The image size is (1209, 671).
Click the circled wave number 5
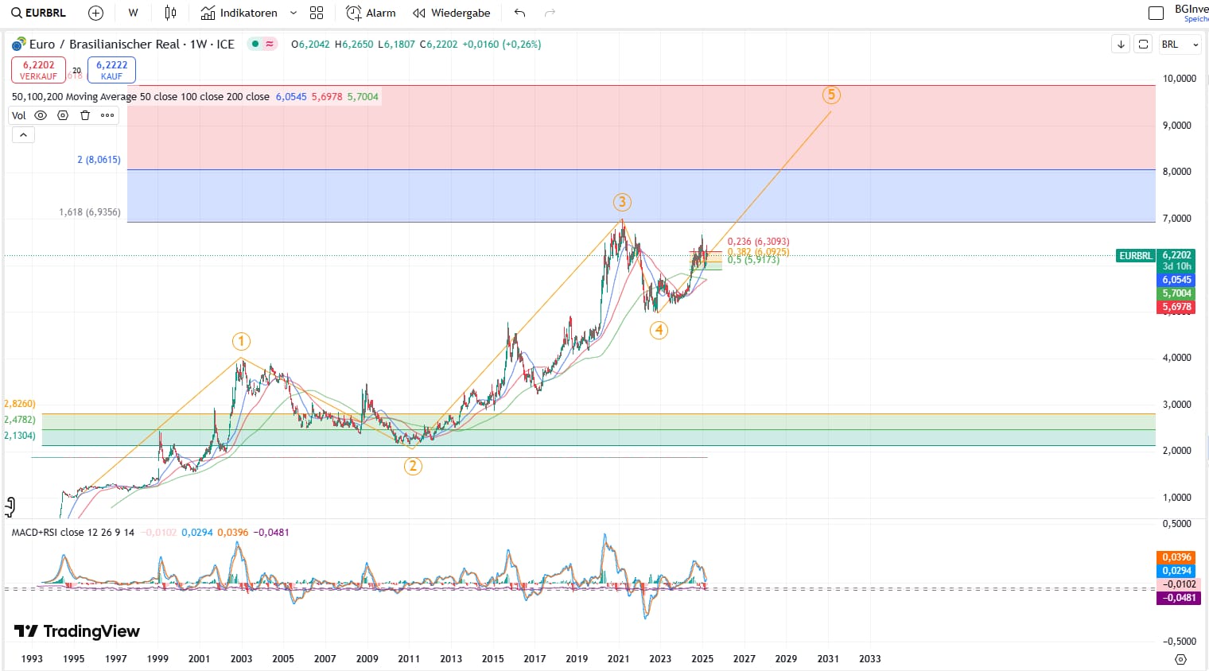[831, 95]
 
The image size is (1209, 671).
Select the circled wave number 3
[622, 202]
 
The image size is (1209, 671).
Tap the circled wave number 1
[241, 342]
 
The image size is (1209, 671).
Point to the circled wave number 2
[412, 466]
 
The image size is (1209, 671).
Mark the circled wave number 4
[659, 330]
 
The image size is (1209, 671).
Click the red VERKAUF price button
[38, 70]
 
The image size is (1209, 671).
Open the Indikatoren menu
[247, 13]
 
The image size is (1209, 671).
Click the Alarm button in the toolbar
[371, 13]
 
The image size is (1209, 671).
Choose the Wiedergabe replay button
[451, 13]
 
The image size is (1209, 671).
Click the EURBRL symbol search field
[40, 13]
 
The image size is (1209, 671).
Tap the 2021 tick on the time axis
[618, 658]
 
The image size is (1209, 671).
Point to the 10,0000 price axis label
[1179, 79]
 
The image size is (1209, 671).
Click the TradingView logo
[77, 631]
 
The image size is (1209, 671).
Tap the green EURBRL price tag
[1135, 256]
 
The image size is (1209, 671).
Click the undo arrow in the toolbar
[520, 13]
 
